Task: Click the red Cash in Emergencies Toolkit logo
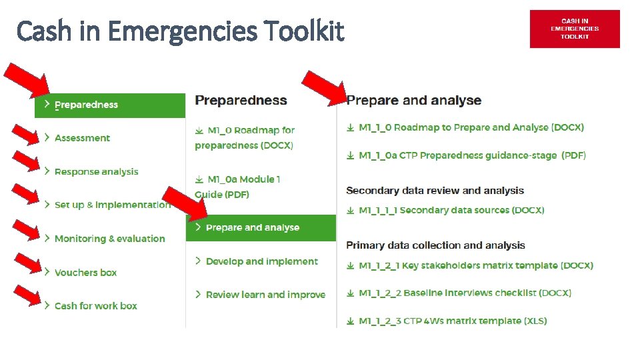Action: click(x=574, y=29)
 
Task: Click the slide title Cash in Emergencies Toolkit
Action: click(x=180, y=31)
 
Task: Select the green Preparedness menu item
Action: click(x=110, y=105)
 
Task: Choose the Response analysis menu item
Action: click(x=96, y=172)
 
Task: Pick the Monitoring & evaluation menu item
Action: click(x=109, y=239)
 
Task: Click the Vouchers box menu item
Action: click(x=85, y=273)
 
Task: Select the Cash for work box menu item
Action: click(x=95, y=306)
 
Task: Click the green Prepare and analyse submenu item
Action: click(x=260, y=228)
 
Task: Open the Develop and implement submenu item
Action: click(x=261, y=261)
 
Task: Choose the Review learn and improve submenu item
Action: click(x=265, y=295)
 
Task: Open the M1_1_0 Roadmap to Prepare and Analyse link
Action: click(x=471, y=127)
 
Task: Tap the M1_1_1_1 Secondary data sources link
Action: click(x=451, y=210)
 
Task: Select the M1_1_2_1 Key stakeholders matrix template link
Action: click(x=475, y=265)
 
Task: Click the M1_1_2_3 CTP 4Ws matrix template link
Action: click(x=452, y=321)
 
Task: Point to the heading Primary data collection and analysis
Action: click(x=435, y=245)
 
